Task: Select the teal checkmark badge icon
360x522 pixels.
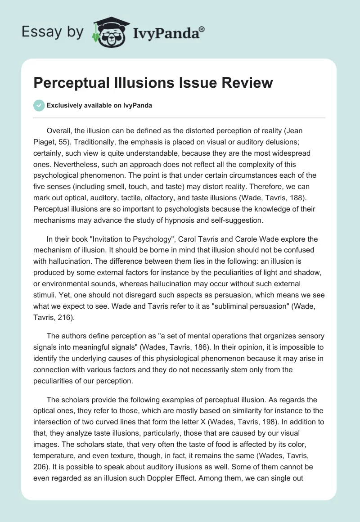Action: pos(39,105)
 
